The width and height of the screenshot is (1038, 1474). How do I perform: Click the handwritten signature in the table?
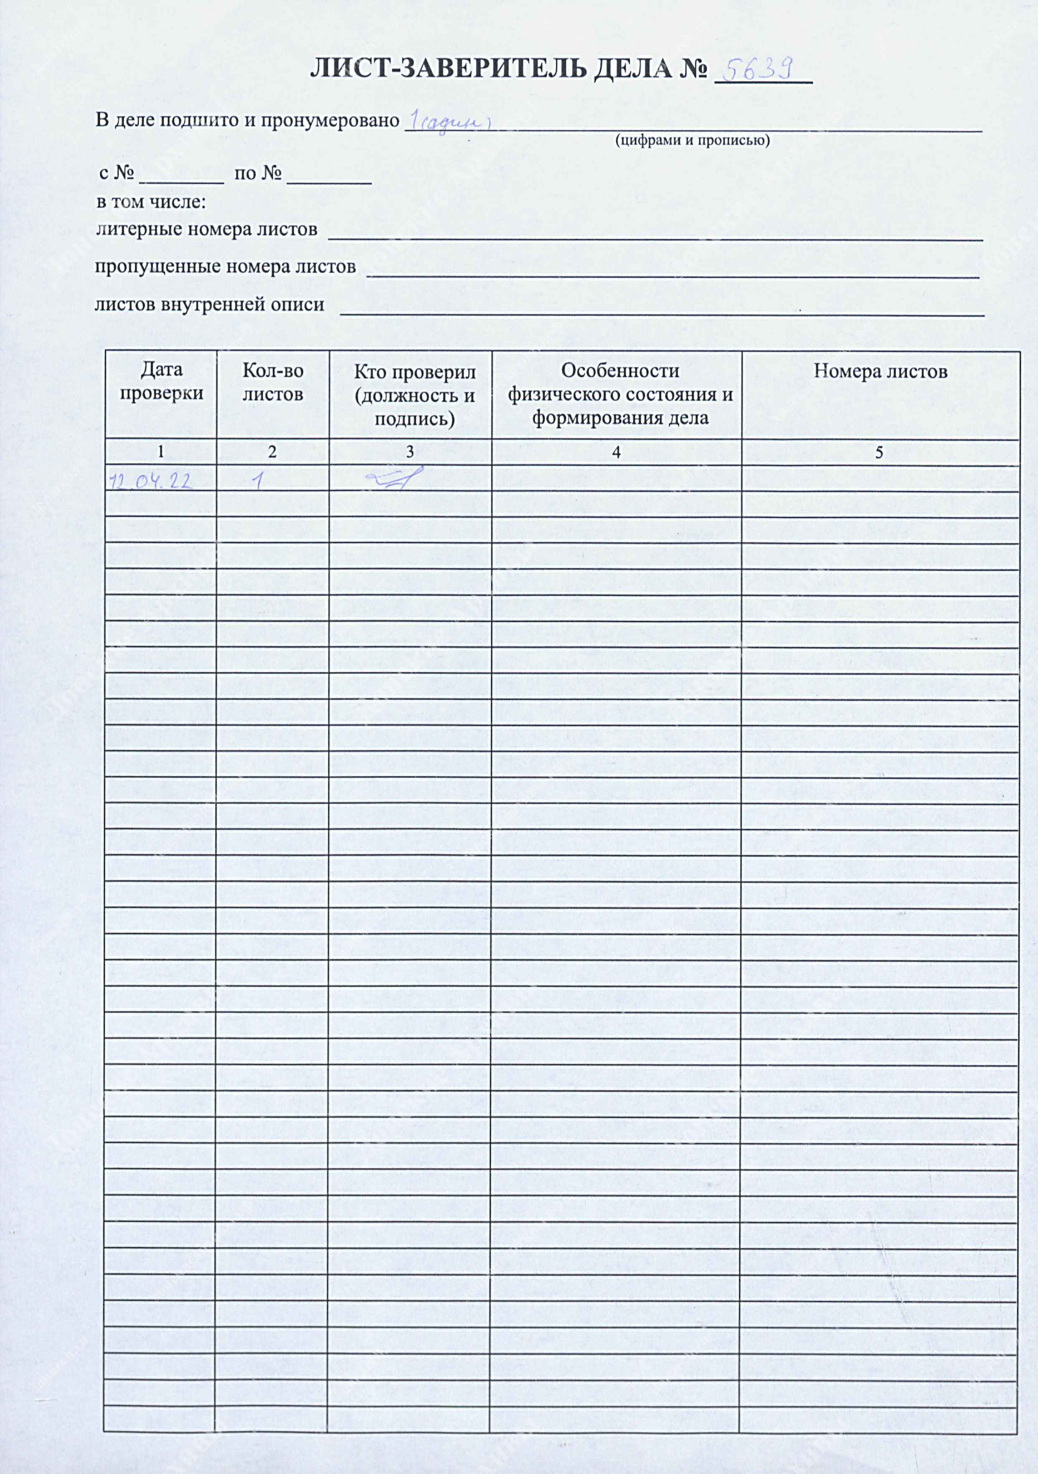pyautogui.click(x=394, y=479)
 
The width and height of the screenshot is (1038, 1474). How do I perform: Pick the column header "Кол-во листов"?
pyautogui.click(x=273, y=382)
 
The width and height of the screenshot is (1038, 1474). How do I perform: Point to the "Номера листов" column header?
pyautogui.click(x=880, y=372)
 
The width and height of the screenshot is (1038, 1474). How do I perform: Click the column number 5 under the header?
pyautogui.click(x=879, y=453)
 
